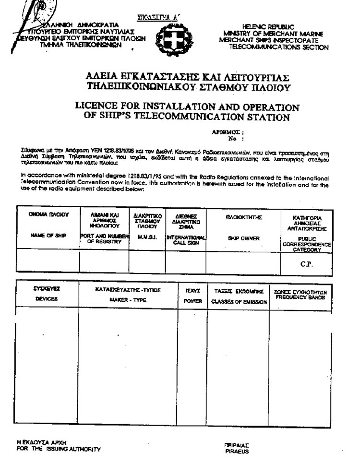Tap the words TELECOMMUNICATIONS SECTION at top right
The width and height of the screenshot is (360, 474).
tap(279, 47)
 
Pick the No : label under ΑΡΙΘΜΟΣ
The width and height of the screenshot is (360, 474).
tap(232, 139)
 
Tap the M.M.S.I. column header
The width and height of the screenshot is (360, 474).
tap(147, 237)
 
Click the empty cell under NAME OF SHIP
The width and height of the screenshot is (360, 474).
tap(48, 261)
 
